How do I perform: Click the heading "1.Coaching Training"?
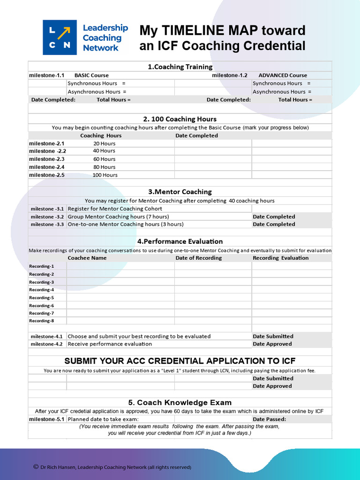point(180,67)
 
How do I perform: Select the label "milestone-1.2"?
point(229,75)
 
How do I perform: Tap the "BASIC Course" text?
point(91,75)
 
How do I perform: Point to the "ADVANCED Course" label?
point(283,75)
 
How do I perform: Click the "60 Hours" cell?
point(104,159)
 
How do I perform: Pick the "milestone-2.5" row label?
point(46,175)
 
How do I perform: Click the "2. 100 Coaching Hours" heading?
point(180,119)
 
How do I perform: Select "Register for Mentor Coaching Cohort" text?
point(115,209)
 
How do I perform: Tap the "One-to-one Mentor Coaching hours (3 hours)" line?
point(126,225)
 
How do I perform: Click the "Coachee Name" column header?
point(87,258)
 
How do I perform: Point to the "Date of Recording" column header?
point(199,258)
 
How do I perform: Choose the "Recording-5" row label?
point(41,298)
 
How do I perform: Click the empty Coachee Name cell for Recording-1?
point(120,266)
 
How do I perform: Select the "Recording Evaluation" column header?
point(280,258)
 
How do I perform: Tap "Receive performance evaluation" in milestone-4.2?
point(110,344)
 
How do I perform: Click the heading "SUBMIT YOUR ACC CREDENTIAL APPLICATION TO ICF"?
point(180,361)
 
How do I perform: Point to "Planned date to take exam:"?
point(103,420)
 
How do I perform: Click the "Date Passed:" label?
point(269,420)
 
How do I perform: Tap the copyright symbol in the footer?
point(36,467)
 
